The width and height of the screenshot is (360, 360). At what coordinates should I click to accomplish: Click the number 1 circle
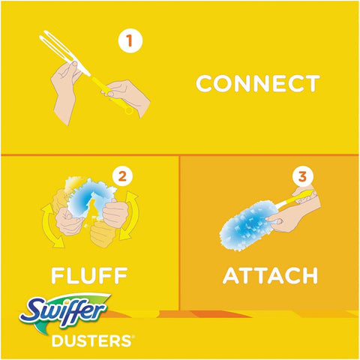pyautogui.click(x=130, y=40)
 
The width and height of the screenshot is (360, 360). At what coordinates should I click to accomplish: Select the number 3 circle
pyautogui.click(x=301, y=178)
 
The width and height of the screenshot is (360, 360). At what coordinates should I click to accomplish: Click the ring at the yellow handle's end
pyautogui.click(x=129, y=111)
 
